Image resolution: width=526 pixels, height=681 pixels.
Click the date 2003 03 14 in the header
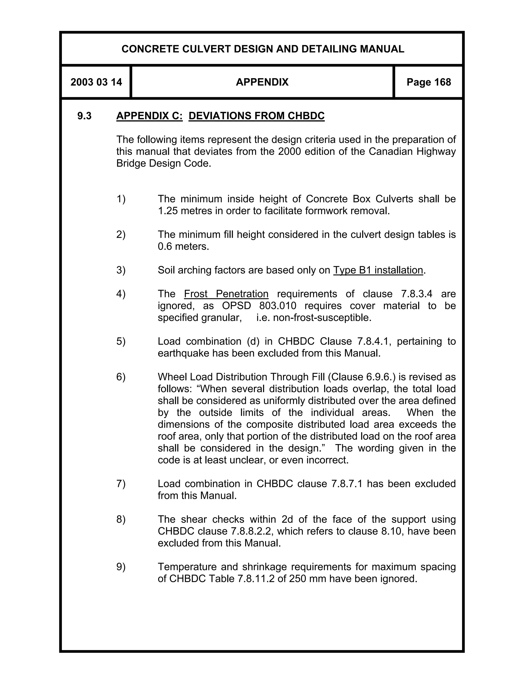coord(96,82)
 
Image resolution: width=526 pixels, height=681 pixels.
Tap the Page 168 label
coord(428,82)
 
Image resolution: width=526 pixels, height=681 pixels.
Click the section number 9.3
coord(84,116)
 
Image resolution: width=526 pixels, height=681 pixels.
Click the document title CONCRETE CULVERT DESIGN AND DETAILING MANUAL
coord(263,49)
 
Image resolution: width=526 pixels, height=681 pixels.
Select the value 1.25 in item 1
coord(168,211)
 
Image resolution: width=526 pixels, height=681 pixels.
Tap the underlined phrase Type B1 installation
coord(378,270)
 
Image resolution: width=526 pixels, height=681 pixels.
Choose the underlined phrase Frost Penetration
coord(226,294)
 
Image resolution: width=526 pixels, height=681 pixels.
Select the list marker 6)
coord(121,377)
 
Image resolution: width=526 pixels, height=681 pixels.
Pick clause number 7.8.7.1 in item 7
coord(347,484)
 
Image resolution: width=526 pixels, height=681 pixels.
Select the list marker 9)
coord(121,567)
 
